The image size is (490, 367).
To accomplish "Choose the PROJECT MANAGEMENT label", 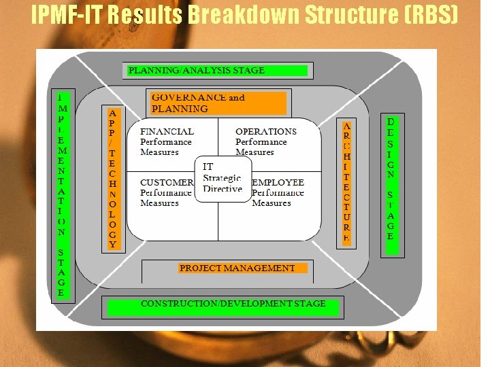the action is click(x=237, y=268).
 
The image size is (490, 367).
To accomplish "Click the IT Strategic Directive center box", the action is click(x=222, y=177).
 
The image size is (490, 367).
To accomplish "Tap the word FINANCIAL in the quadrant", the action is click(x=167, y=131).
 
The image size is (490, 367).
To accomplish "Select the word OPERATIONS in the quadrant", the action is click(x=266, y=131).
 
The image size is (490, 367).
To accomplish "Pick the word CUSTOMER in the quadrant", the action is click(x=167, y=183).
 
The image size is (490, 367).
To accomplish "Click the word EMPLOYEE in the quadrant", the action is click(x=278, y=183).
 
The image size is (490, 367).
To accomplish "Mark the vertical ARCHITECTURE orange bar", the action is click(x=347, y=182).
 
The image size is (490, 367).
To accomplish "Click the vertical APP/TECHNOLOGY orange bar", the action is click(x=113, y=177).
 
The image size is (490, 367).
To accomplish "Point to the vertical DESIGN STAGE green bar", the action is click(x=391, y=179).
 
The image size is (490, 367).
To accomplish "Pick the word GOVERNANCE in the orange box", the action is click(x=189, y=97).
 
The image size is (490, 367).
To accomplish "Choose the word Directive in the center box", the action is click(x=223, y=188).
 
